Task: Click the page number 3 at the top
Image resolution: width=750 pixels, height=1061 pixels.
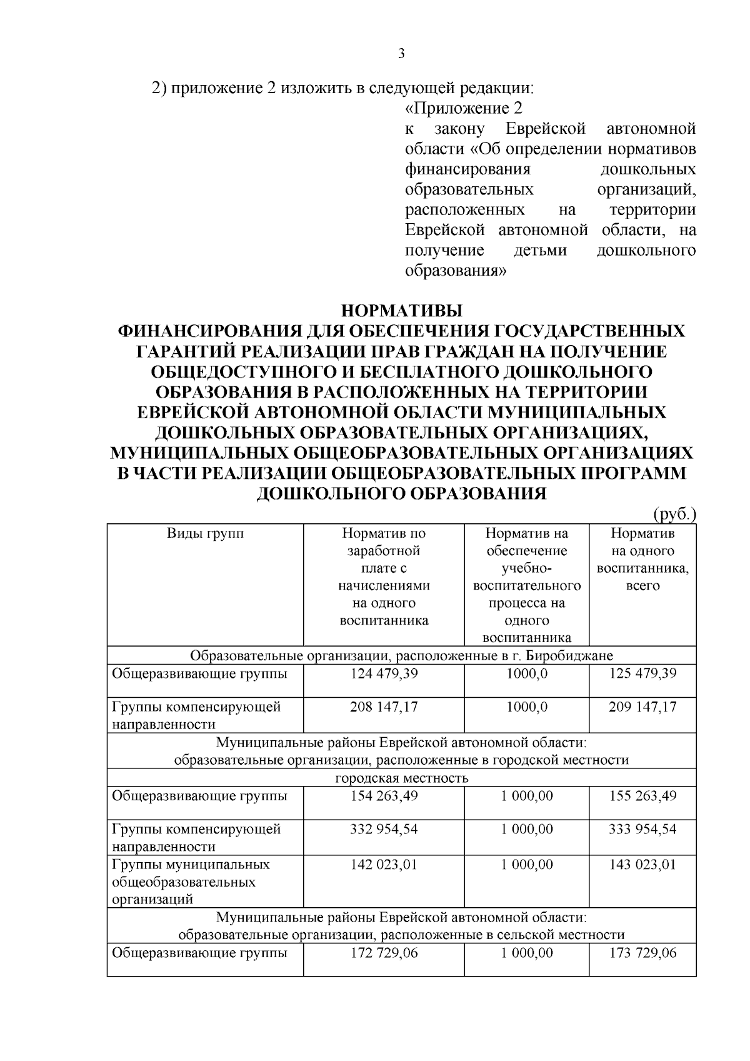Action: (401, 54)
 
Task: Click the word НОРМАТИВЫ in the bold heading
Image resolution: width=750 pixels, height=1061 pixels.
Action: (401, 311)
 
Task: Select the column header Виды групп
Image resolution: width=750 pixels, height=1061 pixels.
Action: (205, 534)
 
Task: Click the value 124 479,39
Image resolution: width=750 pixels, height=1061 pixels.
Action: (384, 674)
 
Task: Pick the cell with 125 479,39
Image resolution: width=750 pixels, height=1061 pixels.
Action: (642, 674)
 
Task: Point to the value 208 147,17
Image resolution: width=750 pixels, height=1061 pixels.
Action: (384, 707)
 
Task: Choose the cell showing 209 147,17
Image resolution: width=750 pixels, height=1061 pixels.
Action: (642, 707)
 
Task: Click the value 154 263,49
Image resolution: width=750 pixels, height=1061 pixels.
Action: (384, 796)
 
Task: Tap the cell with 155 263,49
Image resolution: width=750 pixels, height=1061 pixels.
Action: (642, 796)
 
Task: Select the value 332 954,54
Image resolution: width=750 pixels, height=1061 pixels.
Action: (384, 829)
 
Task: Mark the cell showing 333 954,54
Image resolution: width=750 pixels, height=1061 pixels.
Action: (642, 829)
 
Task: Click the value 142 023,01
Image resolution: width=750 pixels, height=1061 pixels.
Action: (384, 865)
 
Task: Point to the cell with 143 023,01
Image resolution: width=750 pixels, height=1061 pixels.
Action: (642, 865)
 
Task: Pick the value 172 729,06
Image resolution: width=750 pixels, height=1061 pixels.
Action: (384, 953)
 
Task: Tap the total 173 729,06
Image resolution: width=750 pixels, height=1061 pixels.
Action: (642, 953)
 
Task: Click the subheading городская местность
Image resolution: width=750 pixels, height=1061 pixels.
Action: (401, 778)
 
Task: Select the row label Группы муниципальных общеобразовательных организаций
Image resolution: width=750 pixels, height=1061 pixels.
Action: (191, 882)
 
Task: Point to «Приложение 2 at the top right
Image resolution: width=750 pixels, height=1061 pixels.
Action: (464, 109)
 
